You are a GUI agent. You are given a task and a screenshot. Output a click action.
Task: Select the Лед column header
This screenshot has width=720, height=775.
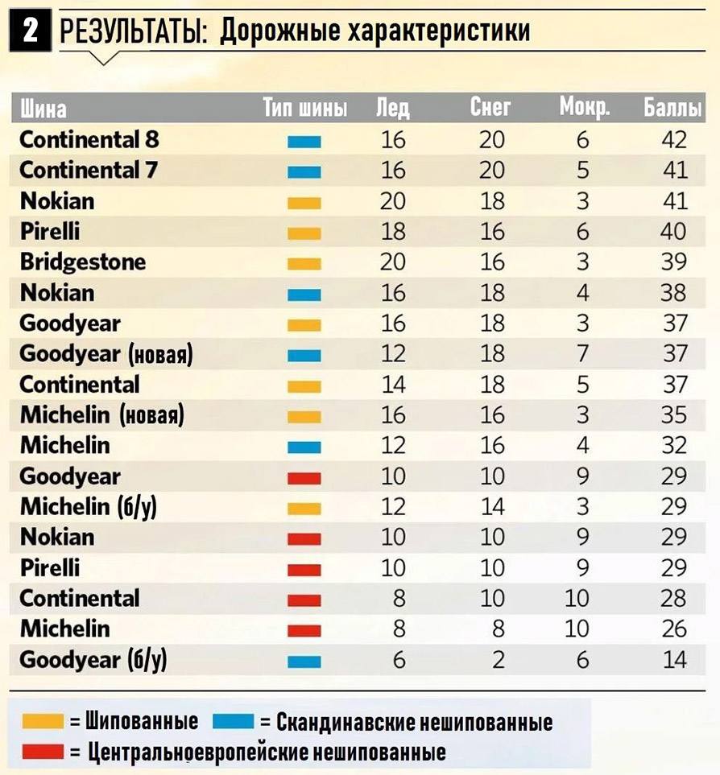click(393, 108)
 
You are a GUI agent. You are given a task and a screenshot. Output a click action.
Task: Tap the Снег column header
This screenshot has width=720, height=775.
click(490, 108)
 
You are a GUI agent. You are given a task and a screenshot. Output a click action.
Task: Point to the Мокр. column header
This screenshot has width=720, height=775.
click(584, 108)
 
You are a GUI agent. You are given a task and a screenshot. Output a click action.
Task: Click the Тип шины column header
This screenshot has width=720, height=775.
click(304, 108)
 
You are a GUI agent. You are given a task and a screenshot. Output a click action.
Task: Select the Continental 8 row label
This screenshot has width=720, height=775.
click(89, 139)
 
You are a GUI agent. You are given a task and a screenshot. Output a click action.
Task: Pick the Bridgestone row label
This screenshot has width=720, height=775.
click(83, 262)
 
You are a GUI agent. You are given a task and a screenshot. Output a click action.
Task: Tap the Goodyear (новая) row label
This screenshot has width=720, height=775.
click(106, 353)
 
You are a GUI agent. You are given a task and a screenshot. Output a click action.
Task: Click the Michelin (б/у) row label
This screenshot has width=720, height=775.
click(93, 506)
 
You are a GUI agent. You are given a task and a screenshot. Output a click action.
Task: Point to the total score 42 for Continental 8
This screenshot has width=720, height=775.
click(673, 139)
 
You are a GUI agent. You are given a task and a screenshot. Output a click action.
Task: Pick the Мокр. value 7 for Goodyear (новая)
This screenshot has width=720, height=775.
click(582, 353)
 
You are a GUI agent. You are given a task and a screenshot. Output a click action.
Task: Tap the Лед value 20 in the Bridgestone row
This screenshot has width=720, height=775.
click(393, 262)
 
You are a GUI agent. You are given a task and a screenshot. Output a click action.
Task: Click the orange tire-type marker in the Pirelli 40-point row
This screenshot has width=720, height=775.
click(304, 233)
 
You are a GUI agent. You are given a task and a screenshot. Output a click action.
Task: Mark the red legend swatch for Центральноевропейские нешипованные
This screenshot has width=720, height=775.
click(43, 752)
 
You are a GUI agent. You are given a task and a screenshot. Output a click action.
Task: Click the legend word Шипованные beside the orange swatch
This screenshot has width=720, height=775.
click(142, 720)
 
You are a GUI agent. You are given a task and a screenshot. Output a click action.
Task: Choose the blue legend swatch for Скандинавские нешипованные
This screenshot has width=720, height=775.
click(233, 720)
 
